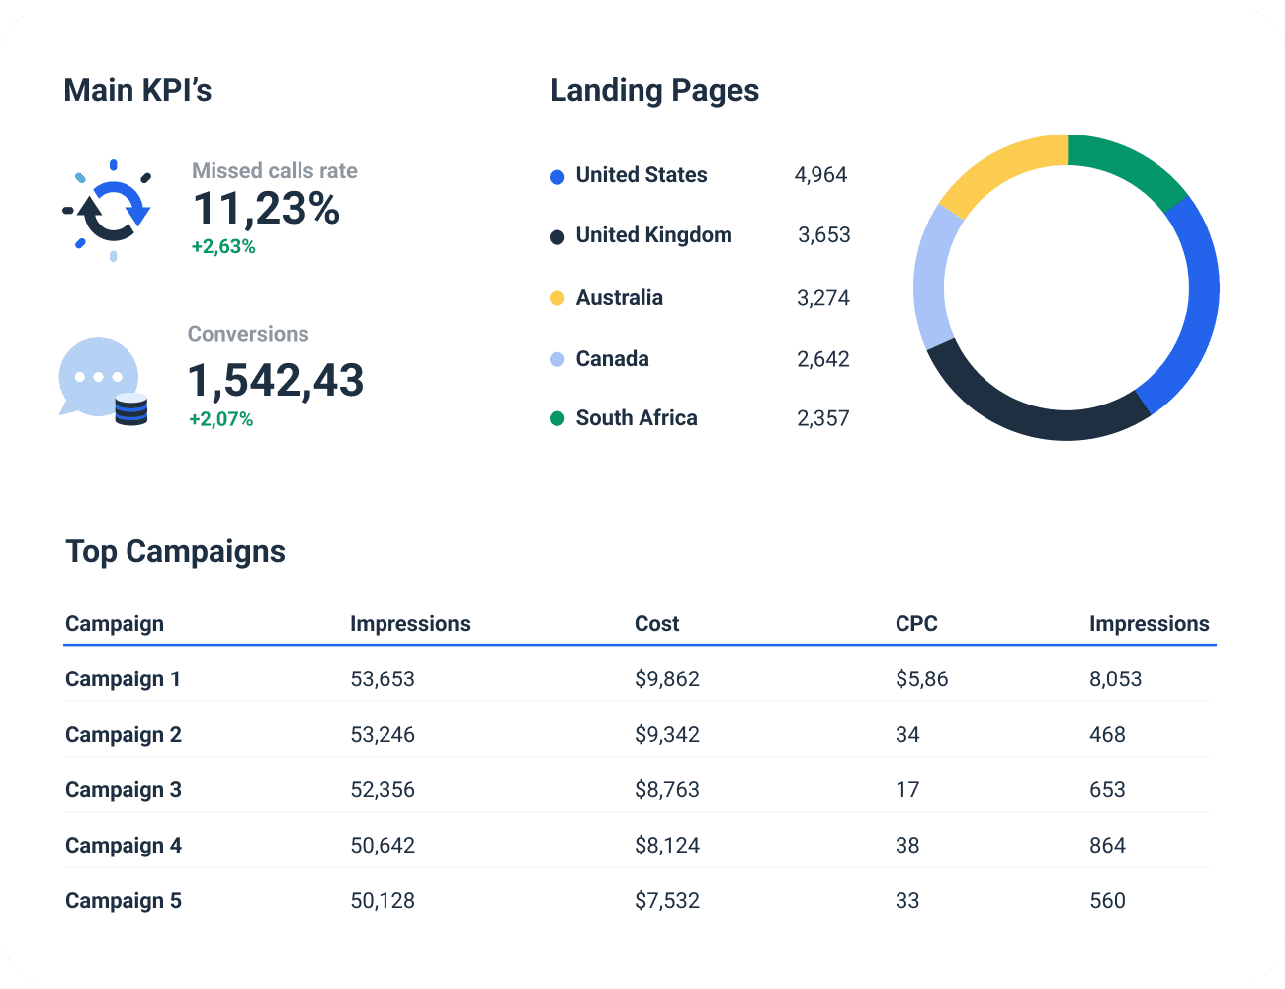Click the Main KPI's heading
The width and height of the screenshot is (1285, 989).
coord(137,90)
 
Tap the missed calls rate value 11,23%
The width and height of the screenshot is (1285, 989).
coord(266,209)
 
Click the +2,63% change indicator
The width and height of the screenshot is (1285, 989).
coord(223,247)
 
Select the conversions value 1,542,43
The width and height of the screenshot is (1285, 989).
coord(276,381)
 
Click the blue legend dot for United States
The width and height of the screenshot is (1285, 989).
coord(557,176)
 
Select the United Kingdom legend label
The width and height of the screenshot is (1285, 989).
coord(653,235)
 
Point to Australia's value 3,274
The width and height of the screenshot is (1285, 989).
coord(822,298)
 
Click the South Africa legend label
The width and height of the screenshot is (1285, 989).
coord(636,418)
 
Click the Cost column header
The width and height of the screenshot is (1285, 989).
coord(656,624)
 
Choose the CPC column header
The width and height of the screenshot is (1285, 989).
coord(916,624)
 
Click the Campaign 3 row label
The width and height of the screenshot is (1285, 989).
coord(124,790)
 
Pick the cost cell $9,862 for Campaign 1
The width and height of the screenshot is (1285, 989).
coord(667,679)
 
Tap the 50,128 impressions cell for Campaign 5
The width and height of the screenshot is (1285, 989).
coord(383,901)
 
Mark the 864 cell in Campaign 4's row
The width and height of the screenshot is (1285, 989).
coord(1107,846)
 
